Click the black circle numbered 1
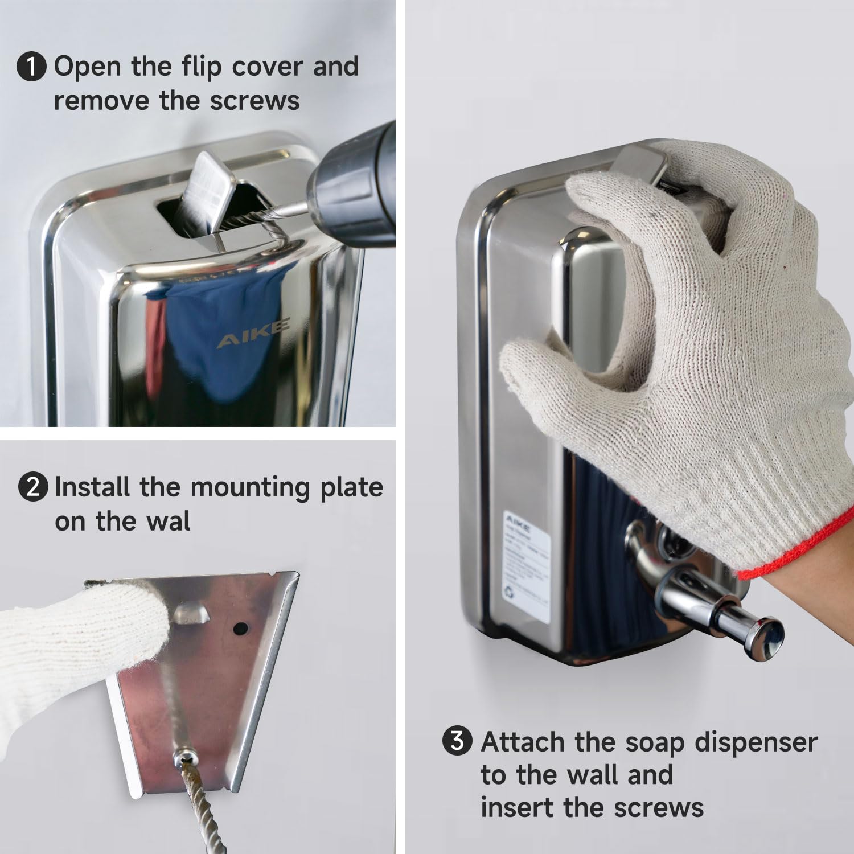pos(31,67)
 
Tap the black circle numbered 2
pos(33,487)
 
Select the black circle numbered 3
pos(457,741)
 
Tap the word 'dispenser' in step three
pos(756,742)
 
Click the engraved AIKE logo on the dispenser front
pos(253,333)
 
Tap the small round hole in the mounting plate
pos(241,629)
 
